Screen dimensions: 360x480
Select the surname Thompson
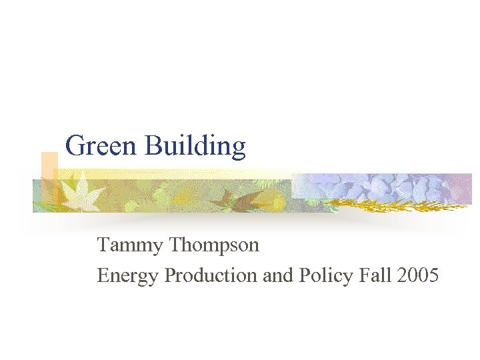click(x=214, y=246)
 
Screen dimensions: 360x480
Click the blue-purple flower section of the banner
click(x=387, y=187)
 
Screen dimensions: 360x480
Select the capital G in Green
click(x=75, y=146)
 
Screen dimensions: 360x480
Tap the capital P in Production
click(x=169, y=275)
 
